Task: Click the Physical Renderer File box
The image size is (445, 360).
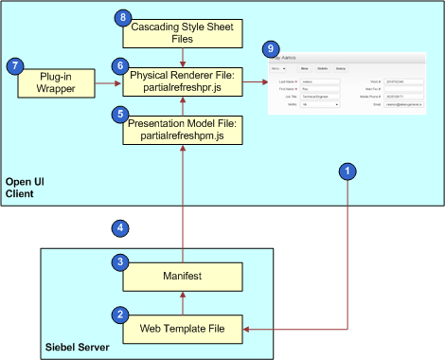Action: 187,81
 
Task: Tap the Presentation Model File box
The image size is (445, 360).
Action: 187,128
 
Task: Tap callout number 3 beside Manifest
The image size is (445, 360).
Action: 121,261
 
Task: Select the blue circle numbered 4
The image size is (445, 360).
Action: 119,227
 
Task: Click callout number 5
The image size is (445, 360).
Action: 119,114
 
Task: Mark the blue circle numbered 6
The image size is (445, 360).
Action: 119,66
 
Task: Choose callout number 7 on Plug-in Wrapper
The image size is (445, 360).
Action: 14,66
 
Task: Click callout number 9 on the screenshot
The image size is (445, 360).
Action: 274,48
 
